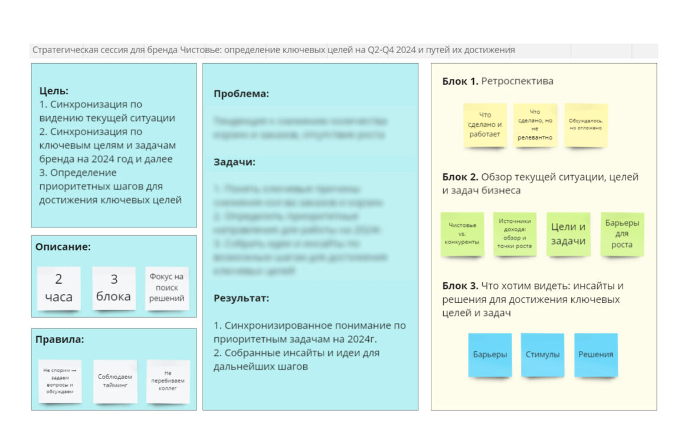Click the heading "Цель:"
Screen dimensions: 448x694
coord(54,91)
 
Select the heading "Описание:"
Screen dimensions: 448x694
coord(63,247)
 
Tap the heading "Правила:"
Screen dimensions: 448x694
coord(60,339)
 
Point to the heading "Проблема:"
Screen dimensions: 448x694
coord(241,93)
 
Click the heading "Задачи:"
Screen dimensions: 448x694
coord(234,162)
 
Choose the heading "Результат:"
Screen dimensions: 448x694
coord(241,298)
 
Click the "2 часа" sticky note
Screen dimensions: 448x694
coord(58,288)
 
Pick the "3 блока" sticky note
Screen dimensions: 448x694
coord(114,288)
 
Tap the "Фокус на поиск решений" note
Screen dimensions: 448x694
coord(167,288)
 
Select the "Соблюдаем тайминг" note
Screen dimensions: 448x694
coord(115,381)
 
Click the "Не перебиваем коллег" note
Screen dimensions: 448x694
coord(168,381)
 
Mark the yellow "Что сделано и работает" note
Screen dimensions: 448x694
coord(485,124)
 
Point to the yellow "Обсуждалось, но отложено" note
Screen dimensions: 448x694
coord(585,124)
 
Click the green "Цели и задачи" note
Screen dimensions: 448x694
coord(568,234)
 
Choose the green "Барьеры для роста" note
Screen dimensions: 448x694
coord(622,234)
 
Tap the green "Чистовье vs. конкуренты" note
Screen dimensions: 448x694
coord(462,234)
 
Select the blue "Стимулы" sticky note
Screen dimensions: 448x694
coord(542,354)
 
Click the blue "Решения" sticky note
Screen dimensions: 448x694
coord(595,354)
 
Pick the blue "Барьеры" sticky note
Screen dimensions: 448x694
coord(490,354)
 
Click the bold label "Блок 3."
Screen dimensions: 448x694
coord(460,286)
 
